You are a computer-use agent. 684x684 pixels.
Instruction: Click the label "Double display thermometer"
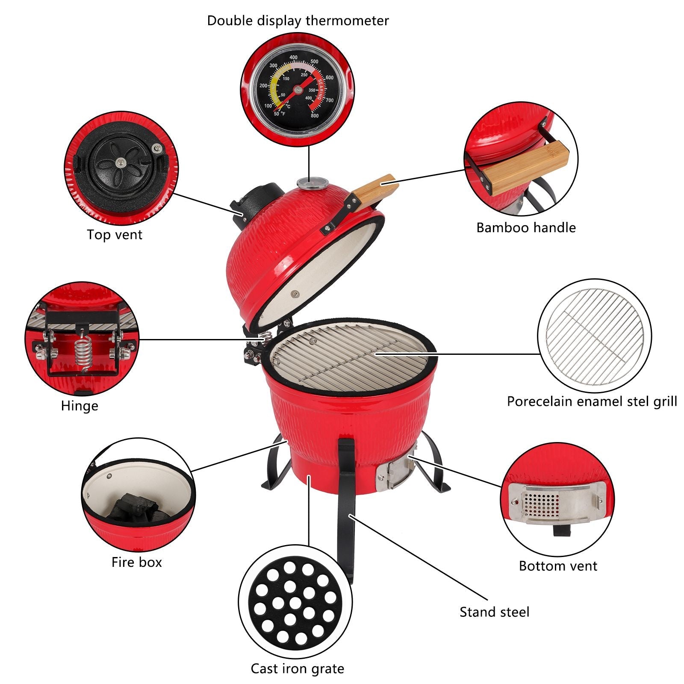tap(298, 21)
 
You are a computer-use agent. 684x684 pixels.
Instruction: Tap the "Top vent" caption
tap(115, 234)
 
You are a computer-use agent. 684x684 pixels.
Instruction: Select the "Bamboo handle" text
tap(526, 227)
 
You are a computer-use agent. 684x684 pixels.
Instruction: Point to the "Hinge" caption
tap(80, 406)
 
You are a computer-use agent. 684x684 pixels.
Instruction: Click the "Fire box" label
tap(137, 562)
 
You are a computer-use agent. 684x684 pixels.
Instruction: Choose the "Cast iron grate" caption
tap(298, 669)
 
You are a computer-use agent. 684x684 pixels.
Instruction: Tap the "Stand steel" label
tap(495, 612)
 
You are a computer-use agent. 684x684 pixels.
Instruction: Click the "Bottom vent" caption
tap(558, 566)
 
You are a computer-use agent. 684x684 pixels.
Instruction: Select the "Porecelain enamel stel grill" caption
tap(592, 401)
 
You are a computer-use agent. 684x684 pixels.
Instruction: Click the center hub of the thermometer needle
tap(298, 89)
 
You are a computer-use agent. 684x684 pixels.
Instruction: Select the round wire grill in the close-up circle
tap(595, 336)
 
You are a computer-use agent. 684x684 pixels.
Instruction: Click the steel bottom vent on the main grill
tap(396, 472)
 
